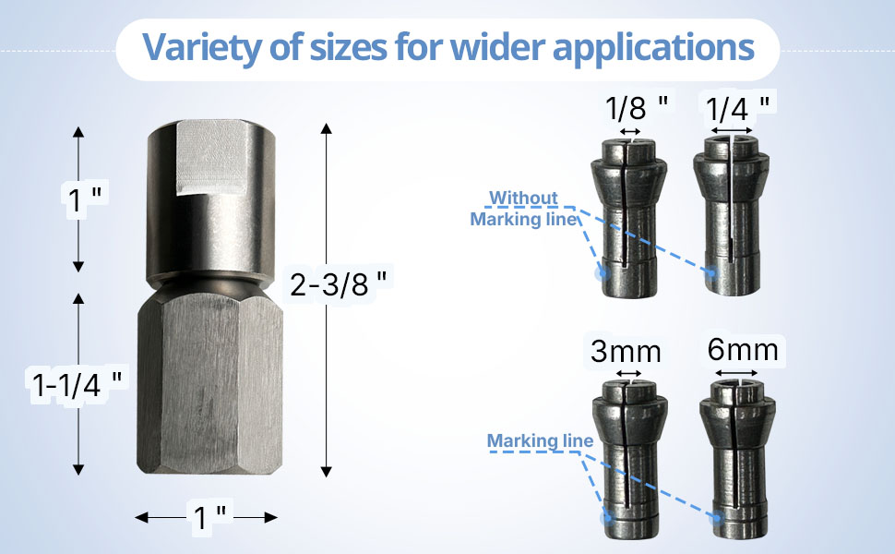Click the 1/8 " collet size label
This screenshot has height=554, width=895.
638,109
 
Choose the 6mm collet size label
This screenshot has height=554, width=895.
743,350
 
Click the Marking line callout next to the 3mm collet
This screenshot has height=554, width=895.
540,440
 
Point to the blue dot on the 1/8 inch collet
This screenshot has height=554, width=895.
602,273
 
